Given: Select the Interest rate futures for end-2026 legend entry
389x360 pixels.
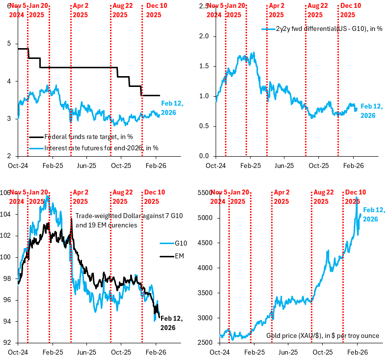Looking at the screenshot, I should point(93,147).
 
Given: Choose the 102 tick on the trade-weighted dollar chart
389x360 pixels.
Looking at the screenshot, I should point(8,235).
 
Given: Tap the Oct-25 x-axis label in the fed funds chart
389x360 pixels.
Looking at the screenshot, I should point(121,166).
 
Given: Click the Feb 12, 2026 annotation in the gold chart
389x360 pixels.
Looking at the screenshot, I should point(373,214).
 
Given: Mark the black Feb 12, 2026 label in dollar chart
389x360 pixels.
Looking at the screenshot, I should point(168,322).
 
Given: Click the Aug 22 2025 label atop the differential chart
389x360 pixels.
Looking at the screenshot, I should point(317,10).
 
